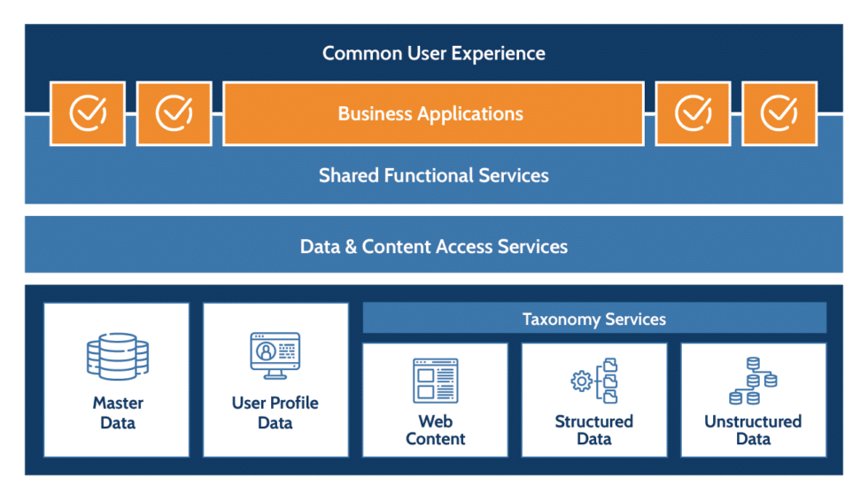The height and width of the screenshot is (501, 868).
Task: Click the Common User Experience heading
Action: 433,53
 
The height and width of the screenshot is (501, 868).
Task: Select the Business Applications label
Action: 431,114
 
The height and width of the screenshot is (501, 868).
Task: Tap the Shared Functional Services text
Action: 433,175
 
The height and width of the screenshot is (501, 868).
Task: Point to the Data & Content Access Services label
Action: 433,246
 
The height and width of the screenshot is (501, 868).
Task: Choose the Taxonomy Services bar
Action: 593,319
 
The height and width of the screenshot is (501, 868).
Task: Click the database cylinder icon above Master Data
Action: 117,358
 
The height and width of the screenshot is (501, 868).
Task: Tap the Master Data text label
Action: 117,412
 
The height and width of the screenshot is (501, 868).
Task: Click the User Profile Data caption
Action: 275,412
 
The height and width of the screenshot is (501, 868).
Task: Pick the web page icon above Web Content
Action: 435,381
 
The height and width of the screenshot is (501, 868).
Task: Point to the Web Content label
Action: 435,429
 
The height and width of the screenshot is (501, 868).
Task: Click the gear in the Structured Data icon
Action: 582,382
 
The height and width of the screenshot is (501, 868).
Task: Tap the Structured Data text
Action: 593,429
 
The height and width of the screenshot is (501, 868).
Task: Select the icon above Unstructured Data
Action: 753,381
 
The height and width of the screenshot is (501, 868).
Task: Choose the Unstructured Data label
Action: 753,429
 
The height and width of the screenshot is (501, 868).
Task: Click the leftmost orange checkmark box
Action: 88,113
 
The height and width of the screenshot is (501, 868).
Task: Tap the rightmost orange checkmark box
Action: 779,113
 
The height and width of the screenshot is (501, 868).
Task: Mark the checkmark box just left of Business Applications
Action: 174,113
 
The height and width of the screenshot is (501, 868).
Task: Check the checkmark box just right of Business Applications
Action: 694,113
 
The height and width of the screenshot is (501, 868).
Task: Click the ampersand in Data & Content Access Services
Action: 350,246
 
